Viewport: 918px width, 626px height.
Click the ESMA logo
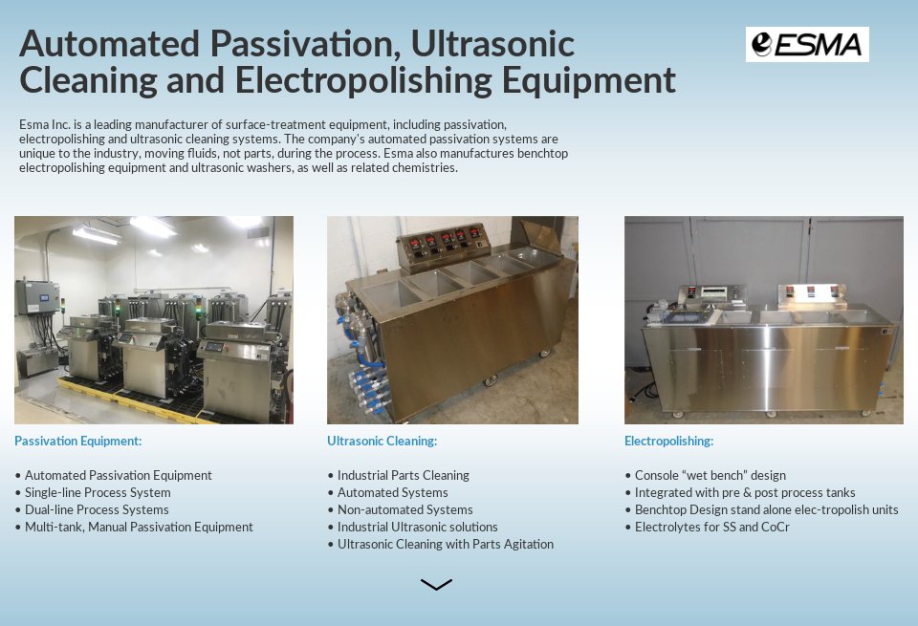807,44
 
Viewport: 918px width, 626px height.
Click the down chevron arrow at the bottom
436,584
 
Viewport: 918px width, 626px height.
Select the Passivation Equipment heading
78,441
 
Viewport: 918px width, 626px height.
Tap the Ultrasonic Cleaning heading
382,441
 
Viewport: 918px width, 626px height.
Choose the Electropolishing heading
668,441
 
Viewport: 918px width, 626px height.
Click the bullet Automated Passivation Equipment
118,475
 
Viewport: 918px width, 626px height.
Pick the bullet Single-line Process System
97,492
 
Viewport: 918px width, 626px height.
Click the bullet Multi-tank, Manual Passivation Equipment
139,527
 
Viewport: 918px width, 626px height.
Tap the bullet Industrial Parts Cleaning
403,475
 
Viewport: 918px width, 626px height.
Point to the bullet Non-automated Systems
404,509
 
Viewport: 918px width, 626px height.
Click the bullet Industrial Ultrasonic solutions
417,527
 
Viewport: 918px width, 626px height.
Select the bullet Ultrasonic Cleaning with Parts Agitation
445,544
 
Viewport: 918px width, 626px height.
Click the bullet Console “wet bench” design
710,475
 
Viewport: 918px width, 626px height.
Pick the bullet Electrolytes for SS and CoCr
711,527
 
